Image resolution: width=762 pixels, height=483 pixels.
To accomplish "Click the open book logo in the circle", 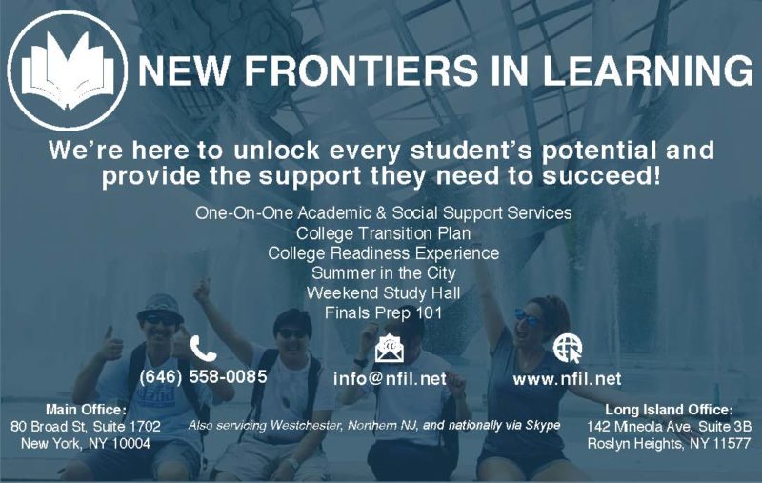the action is [68, 70].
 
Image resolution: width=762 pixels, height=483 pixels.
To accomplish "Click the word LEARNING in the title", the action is [648, 70].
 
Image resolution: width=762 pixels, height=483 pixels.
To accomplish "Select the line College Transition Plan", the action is [384, 233].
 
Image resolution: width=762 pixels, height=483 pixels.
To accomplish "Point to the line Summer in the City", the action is [384, 273].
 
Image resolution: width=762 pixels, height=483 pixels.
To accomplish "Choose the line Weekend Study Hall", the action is [384, 293].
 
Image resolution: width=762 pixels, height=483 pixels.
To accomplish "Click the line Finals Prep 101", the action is [384, 312].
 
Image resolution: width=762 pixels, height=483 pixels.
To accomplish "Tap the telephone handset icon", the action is [203, 348].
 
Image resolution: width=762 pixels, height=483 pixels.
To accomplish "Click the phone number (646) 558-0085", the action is [203, 376].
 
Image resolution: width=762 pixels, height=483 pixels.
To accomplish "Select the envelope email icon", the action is [390, 349].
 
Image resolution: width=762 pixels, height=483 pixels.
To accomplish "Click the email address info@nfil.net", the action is [390, 378].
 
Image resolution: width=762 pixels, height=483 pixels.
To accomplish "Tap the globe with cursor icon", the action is [568, 348].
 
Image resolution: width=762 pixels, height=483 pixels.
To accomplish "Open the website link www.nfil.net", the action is [567, 379].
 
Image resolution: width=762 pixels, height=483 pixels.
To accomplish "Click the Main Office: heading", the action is [86, 409].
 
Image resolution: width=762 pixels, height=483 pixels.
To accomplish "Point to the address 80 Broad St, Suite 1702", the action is [86, 426].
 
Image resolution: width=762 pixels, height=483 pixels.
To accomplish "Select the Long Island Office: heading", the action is [670, 410].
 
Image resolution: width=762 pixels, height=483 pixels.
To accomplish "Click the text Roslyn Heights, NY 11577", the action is [670, 444].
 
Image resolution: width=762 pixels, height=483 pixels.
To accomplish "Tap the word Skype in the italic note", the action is [542, 426].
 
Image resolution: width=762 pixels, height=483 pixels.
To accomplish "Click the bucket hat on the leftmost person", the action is [160, 307].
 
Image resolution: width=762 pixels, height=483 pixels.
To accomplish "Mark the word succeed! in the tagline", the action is [602, 176].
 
